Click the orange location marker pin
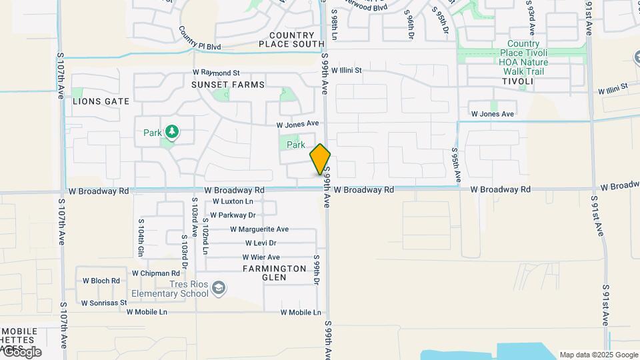coord(320,159)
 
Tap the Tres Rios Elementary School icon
coord(219,288)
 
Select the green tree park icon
coord(172,131)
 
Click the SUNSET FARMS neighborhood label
coord(227,85)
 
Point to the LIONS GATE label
coord(101,101)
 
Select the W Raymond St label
coord(215,72)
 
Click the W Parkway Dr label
coord(233,215)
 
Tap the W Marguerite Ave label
coord(259,229)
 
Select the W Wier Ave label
coord(261,257)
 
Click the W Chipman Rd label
coord(155,273)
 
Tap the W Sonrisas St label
coord(103,303)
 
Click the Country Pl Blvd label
coord(199,39)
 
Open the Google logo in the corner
coord(22,352)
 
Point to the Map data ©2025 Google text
coord(599,355)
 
